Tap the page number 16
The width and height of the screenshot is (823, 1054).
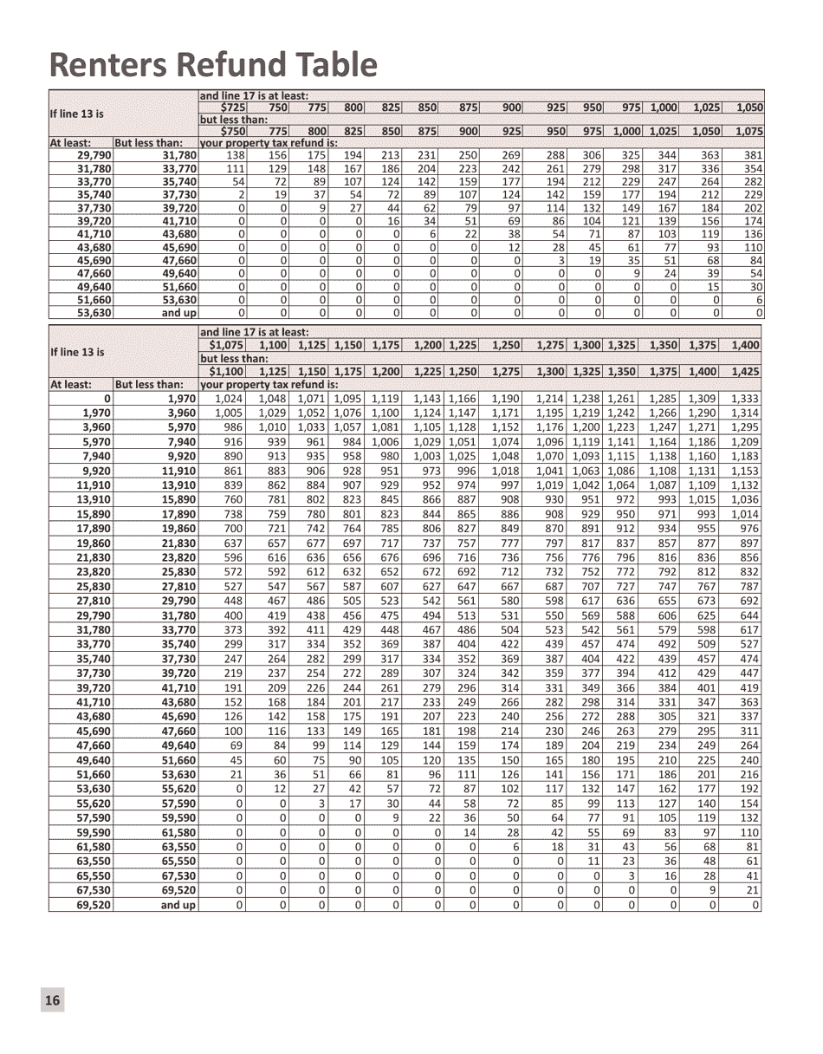(x=52, y=1000)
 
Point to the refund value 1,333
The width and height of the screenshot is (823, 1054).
(x=744, y=399)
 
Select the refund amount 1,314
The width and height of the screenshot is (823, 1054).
(x=744, y=413)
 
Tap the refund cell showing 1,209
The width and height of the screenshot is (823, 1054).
(x=744, y=442)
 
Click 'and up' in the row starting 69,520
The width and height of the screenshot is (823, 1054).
(x=178, y=905)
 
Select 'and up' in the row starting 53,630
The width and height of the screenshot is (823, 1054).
(x=178, y=313)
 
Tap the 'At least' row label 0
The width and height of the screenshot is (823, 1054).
(x=107, y=399)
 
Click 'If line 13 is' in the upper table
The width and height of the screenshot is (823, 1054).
(x=77, y=114)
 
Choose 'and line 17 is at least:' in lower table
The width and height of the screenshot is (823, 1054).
(x=255, y=332)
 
